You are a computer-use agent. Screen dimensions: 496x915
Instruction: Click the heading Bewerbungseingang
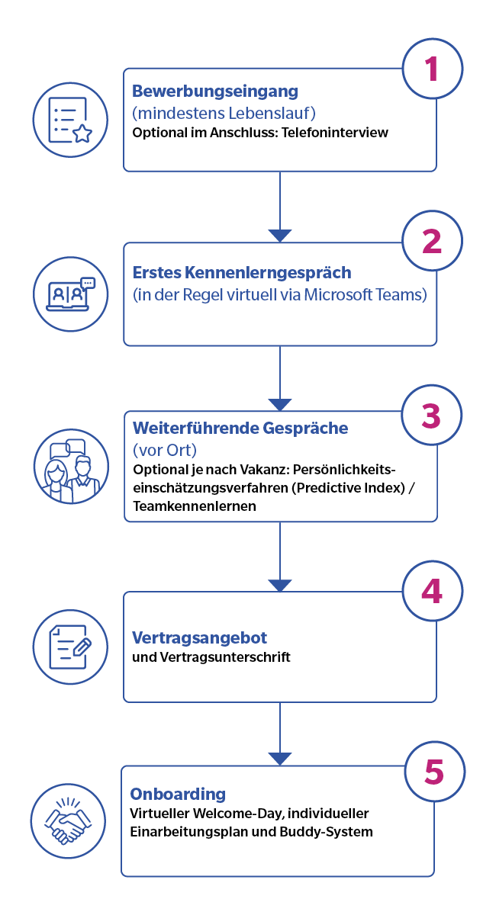(215, 91)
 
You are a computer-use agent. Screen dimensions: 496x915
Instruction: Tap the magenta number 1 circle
(433, 69)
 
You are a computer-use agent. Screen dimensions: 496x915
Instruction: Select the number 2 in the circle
(432, 241)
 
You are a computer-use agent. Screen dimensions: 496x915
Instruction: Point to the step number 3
(431, 416)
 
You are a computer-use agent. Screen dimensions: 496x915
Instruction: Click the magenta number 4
(432, 591)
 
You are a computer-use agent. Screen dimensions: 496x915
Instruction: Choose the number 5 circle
(435, 772)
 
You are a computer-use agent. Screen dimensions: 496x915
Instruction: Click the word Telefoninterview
(334, 133)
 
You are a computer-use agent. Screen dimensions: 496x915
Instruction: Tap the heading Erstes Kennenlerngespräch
(242, 273)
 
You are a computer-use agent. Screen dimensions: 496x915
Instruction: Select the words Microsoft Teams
(366, 294)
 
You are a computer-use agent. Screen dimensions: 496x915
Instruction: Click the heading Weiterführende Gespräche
(240, 428)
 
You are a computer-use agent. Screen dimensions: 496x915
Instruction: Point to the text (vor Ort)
(165, 450)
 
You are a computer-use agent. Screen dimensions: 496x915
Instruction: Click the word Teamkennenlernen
(195, 506)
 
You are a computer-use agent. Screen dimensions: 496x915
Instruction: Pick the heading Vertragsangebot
(200, 637)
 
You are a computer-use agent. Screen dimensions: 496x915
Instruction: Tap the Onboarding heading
(178, 794)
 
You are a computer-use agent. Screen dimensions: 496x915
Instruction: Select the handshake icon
(68, 821)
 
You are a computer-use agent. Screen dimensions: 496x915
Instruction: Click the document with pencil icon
(70, 647)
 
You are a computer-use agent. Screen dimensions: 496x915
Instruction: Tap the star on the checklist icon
(82, 133)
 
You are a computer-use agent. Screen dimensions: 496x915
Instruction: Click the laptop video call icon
(70, 294)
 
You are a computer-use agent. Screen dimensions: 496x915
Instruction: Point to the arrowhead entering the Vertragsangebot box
(280, 586)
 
